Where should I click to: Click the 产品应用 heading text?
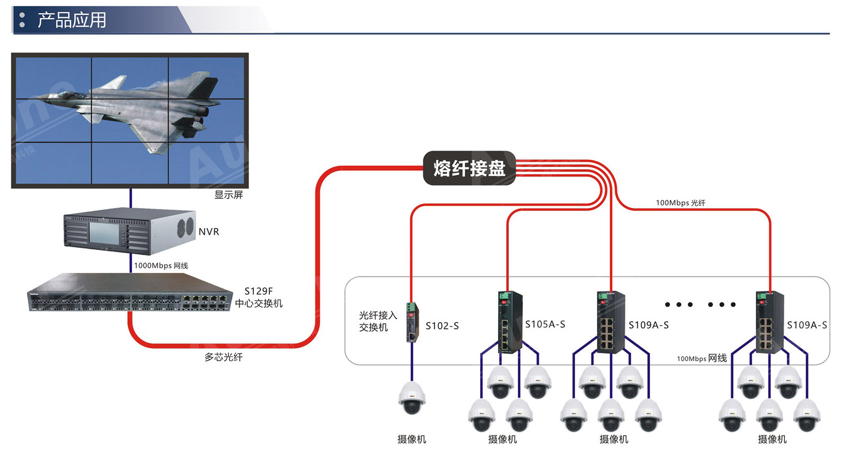point(72,20)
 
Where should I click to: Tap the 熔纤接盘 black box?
point(469,168)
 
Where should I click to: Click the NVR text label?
point(209,232)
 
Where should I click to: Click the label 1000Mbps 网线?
point(161,266)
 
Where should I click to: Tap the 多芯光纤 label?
point(224,357)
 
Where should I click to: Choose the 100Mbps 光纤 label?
point(681,203)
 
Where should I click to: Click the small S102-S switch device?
point(412,322)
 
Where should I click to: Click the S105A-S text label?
point(545,324)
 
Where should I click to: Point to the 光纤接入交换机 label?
point(377,321)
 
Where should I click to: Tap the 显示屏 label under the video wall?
point(228,195)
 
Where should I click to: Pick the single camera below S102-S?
point(412,398)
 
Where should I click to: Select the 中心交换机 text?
point(259,303)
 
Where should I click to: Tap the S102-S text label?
point(442,326)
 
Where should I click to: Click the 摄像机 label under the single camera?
point(412,439)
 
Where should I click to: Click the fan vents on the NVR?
point(185,226)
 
